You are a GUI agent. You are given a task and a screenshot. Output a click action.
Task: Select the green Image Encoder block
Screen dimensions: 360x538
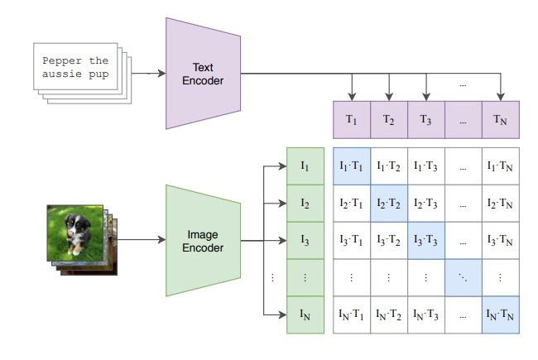(204, 240)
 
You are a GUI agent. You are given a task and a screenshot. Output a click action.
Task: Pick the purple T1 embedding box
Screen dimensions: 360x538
(352, 119)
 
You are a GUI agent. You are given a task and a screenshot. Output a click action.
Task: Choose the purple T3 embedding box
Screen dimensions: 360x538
(426, 119)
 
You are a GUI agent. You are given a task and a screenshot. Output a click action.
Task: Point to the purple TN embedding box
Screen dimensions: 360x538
(501, 119)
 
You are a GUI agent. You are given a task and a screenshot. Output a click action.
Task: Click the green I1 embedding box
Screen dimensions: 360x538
(305, 166)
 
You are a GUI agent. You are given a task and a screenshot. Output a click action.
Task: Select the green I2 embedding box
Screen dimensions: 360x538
(305, 203)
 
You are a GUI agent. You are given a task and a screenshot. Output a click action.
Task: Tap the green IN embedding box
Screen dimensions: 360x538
(305, 314)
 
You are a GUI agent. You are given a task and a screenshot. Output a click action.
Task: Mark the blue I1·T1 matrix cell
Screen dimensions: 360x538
(352, 166)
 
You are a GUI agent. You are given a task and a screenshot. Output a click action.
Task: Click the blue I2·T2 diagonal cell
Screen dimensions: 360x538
(389, 203)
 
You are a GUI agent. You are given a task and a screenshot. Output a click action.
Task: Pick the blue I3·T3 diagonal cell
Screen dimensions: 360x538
(426, 240)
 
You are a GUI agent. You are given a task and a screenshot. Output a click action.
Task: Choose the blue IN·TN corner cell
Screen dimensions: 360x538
(501, 314)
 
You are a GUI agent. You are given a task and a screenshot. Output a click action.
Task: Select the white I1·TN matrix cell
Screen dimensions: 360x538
(501, 166)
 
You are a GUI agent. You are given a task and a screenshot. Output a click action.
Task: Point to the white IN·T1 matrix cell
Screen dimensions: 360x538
(352, 314)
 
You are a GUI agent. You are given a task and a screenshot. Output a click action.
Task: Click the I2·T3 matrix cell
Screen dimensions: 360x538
(426, 203)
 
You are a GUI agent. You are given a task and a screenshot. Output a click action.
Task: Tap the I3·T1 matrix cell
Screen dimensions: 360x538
(352, 240)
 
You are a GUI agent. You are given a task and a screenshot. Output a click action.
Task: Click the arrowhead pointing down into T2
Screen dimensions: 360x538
(389, 97)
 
